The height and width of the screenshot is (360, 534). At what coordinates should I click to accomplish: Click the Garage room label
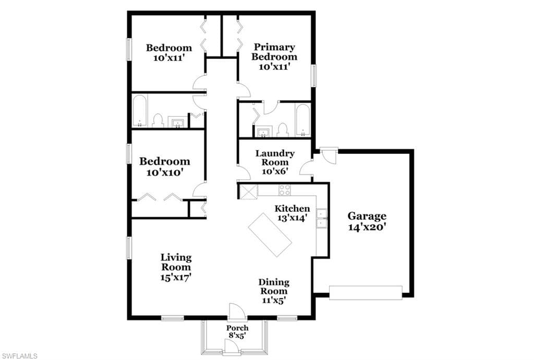367,221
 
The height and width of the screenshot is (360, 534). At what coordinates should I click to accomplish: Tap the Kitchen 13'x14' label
292,213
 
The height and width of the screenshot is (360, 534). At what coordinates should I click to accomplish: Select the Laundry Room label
275,162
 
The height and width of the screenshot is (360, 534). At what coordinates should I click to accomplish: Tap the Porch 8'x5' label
237,331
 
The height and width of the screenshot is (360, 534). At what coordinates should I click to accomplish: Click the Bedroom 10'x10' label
164,166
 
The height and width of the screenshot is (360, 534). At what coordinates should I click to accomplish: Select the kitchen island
270,235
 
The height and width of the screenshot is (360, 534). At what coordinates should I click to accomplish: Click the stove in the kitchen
285,190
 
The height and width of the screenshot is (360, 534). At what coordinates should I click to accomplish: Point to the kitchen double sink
321,218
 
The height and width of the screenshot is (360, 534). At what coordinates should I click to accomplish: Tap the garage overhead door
366,293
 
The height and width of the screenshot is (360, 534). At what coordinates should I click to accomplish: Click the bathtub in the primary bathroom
302,120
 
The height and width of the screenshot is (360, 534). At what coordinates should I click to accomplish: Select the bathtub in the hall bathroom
140,111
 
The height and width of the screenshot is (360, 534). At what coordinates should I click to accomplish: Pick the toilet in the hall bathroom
157,121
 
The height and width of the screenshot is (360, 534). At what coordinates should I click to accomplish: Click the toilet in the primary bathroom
282,130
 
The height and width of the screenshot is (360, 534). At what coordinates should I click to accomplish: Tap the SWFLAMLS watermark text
19,356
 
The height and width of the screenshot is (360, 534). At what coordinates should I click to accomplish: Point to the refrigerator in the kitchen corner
249,192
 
